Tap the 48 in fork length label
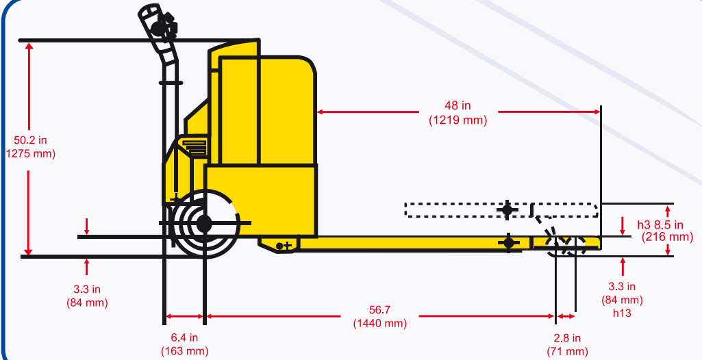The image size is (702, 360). tap(457, 105)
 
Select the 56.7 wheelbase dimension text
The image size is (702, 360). tap(379, 310)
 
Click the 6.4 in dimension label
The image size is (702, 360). tap(184, 337)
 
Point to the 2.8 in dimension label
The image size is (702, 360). tap(567, 338)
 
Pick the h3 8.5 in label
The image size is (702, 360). tap(660, 224)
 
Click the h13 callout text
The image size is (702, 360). tap(622, 313)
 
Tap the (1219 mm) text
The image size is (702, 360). tap(457, 120)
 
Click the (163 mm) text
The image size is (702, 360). tap(184, 351)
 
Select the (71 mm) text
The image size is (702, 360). tap(567, 352)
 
